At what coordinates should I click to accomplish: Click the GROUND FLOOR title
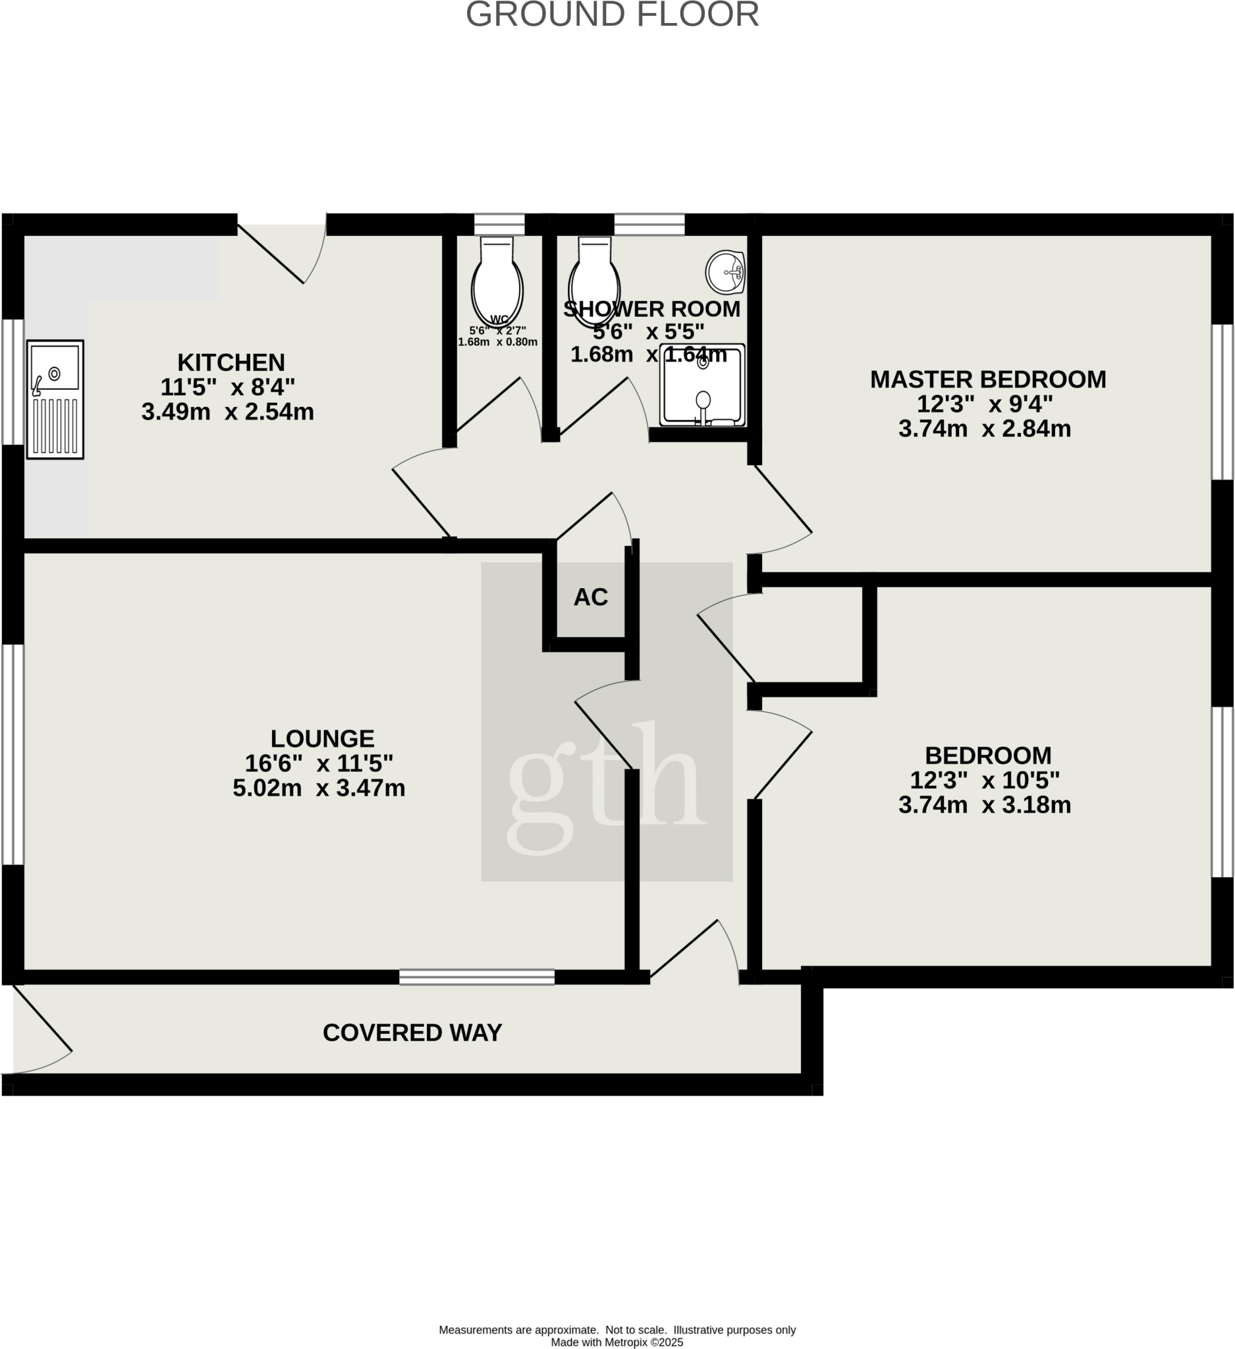(612, 14)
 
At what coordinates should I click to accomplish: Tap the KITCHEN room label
(231, 363)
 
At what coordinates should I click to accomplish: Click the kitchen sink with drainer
(55, 399)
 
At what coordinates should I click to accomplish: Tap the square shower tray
(702, 385)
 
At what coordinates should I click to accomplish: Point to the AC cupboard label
(591, 597)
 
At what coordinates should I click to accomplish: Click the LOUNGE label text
(323, 739)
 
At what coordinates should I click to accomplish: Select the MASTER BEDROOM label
(988, 379)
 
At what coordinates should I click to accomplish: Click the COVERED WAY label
(412, 1032)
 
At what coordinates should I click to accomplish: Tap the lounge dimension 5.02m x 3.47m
(319, 788)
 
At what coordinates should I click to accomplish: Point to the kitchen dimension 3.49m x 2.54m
(227, 412)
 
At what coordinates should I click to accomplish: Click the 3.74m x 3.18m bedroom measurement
(985, 805)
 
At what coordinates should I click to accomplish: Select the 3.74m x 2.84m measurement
(985, 429)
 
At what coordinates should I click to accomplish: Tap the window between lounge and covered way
(477, 977)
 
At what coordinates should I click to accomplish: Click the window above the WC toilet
(500, 224)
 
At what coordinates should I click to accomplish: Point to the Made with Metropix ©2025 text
(617, 1342)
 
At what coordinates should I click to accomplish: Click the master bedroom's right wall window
(1223, 402)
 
